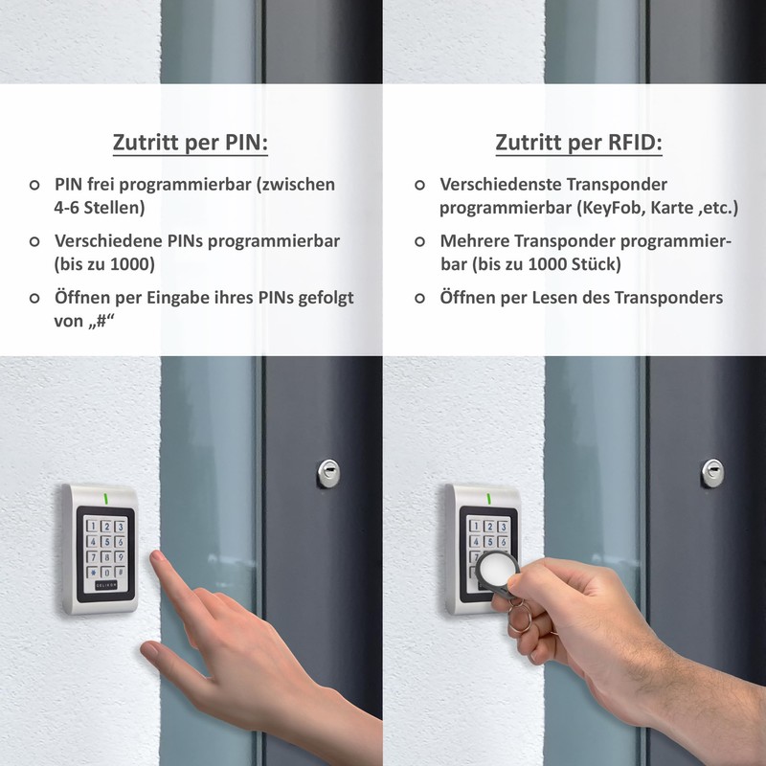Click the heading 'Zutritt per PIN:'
[x=191, y=143]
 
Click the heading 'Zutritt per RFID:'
[x=578, y=143]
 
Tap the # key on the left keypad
[x=120, y=573]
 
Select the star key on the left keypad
[x=93, y=573]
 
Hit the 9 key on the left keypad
[x=120, y=557]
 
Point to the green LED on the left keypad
[x=104, y=499]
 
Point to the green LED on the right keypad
[x=488, y=499]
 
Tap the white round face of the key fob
[x=494, y=572]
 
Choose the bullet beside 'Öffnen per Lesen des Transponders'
[x=419, y=298]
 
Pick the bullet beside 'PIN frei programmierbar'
[x=34, y=185]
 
